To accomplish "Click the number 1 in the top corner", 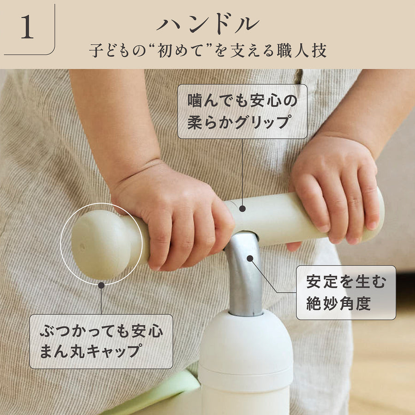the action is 28,27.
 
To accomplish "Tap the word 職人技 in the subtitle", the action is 302,51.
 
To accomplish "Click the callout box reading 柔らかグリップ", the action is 242,112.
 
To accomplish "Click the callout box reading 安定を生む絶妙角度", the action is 346,292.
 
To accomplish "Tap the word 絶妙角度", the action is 338,303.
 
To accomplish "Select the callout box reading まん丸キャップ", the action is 101,341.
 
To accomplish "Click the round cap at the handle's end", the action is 102,244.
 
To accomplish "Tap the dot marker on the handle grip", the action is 242,208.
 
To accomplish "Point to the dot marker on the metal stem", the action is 250,258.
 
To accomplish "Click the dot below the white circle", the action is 101,285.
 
